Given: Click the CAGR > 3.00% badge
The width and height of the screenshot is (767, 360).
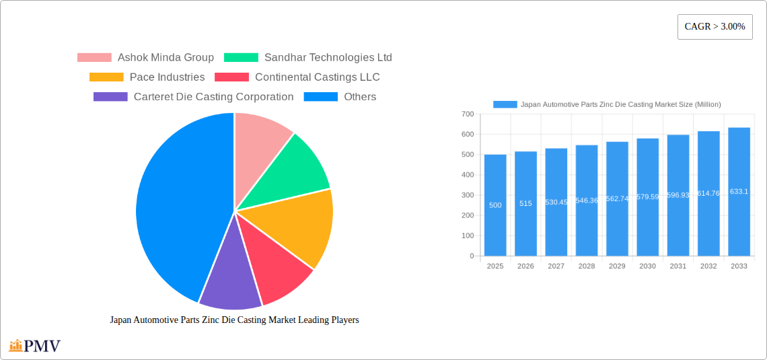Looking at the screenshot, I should pyautogui.click(x=715, y=27).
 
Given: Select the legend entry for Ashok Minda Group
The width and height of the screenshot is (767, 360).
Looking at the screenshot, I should pyautogui.click(x=145, y=58).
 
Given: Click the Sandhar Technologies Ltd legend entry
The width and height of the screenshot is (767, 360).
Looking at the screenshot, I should pyautogui.click(x=307, y=58).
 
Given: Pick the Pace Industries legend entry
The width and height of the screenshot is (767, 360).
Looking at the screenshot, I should pyautogui.click(x=147, y=77).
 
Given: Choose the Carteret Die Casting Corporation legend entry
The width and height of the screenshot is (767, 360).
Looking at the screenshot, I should pyautogui.click(x=194, y=97).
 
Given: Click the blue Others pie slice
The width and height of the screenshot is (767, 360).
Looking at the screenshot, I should pyautogui.click(x=175, y=202).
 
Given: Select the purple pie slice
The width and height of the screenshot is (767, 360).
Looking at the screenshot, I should pyautogui.click(x=229, y=283).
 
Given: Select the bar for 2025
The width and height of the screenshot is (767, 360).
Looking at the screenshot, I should pyautogui.click(x=495, y=205).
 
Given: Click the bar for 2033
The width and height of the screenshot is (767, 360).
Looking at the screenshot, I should pyautogui.click(x=739, y=192).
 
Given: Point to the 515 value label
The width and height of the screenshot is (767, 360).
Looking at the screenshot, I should pyautogui.click(x=525, y=203).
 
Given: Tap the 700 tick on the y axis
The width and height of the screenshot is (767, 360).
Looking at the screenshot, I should pyautogui.click(x=468, y=114).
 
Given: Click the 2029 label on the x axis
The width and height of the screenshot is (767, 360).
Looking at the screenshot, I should pyautogui.click(x=617, y=266).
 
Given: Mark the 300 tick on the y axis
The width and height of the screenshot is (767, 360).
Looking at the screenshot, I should pyautogui.click(x=468, y=195).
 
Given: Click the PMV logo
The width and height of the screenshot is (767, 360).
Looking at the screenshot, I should pyautogui.click(x=35, y=346).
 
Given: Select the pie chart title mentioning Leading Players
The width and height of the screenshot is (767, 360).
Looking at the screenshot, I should pyautogui.click(x=234, y=320).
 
